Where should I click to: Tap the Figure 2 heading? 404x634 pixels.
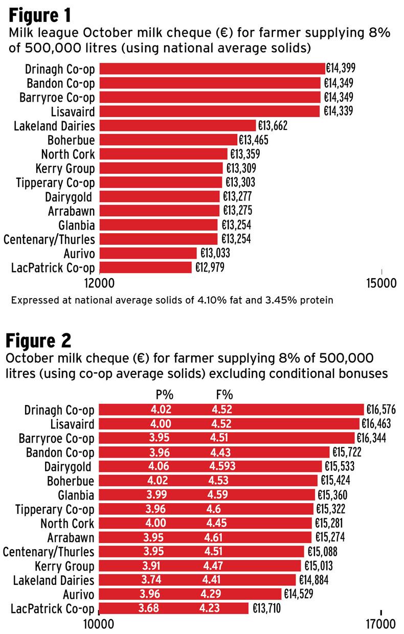pyautogui.click(x=40, y=339)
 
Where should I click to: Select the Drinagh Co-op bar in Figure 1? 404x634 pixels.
pyautogui.click(x=212, y=69)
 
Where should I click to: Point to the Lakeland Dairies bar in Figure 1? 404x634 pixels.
pyautogui.click(x=177, y=125)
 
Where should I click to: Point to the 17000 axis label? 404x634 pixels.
pyautogui.click(x=382, y=625)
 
